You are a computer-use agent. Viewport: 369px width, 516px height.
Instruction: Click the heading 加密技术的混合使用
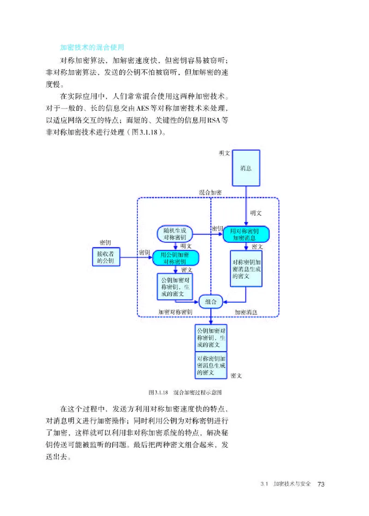92,47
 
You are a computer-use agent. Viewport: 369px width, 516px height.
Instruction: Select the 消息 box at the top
246,168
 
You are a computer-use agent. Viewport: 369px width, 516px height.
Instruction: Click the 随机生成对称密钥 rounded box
175,234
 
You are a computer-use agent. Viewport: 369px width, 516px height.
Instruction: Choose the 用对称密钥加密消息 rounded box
246,234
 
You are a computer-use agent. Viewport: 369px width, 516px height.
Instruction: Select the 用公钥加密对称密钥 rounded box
176,258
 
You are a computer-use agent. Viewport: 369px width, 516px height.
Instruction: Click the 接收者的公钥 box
105,258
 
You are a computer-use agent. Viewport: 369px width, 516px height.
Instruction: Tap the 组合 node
211,301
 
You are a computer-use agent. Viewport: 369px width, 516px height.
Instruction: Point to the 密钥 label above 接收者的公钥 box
105,242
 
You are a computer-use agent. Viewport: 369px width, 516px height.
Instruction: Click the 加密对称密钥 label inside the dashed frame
175,312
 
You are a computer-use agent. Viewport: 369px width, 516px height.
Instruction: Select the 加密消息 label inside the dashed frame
246,312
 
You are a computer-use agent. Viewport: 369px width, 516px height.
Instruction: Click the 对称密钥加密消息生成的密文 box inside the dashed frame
246,269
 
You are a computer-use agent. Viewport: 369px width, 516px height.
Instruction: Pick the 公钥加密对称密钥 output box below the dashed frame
211,337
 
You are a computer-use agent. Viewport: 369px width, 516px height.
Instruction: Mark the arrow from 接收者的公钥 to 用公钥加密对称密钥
136,258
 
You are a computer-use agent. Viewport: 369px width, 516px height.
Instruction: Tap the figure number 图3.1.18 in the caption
158,392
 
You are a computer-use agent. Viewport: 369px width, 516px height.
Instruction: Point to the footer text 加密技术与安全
292,484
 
